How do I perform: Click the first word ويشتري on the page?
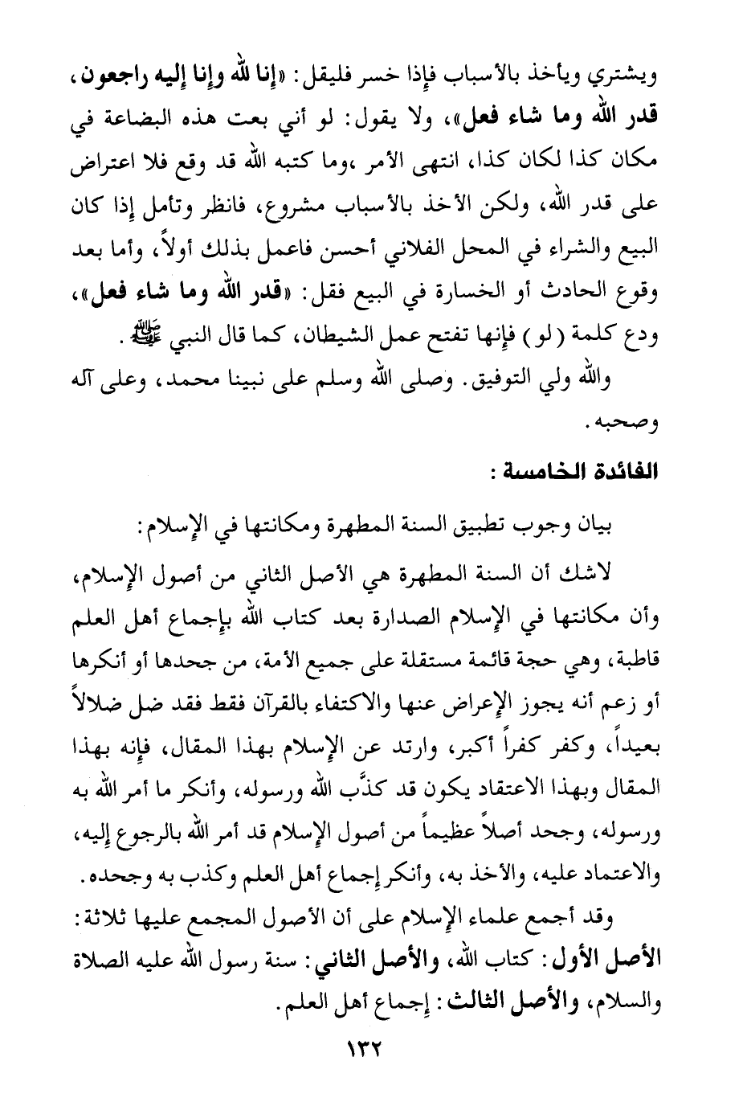[x=631, y=80]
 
